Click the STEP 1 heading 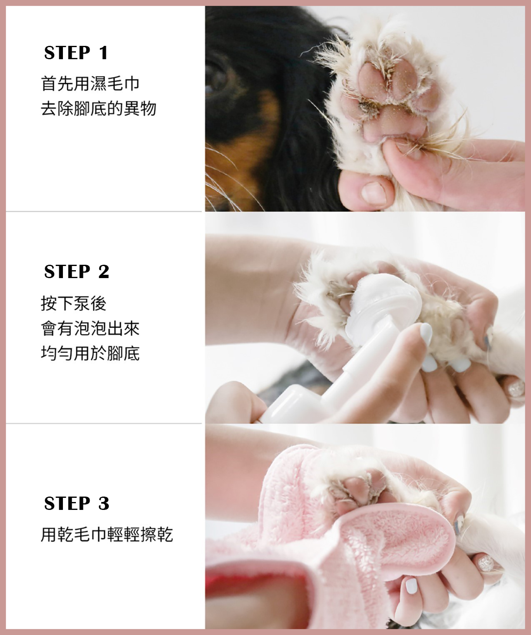(x=76, y=53)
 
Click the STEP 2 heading (x=77, y=271)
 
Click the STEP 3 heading (x=77, y=503)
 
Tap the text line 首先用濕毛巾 (x=90, y=84)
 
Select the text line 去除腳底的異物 (x=98, y=108)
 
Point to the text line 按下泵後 (x=74, y=303)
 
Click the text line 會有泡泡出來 (x=90, y=328)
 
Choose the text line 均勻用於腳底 (x=90, y=354)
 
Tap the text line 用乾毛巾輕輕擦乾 (x=107, y=535)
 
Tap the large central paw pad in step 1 (x=392, y=123)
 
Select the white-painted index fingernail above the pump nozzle (x=426, y=334)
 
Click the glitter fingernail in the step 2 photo (x=517, y=389)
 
